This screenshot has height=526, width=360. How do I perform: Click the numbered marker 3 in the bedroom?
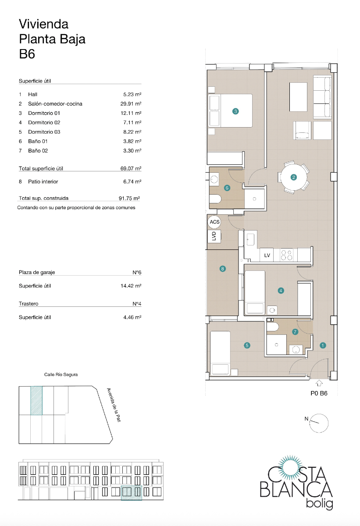pyautogui.click(x=235, y=111)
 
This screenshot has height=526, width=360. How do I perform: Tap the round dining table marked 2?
pyautogui.click(x=294, y=177)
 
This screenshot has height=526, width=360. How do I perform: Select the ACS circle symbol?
pyautogui.click(x=214, y=222)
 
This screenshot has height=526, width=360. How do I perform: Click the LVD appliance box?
pyautogui.click(x=214, y=236)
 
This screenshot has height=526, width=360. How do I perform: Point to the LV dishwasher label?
pyautogui.click(x=267, y=255)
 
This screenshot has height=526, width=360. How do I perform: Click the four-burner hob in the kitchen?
pyautogui.click(x=287, y=255)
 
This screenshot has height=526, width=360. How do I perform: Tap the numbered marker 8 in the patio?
pyautogui.click(x=223, y=269)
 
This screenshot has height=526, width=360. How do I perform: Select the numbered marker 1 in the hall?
pyautogui.click(x=323, y=345)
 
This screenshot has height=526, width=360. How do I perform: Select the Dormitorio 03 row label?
pyautogui.click(x=44, y=132)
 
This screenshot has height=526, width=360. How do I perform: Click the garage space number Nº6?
pyautogui.click(x=136, y=272)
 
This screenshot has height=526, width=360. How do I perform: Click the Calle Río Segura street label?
pyautogui.click(x=61, y=375)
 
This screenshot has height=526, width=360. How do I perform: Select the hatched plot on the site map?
pyautogui.click(x=36, y=400)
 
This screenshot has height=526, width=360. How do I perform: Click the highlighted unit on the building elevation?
pyautogui.click(x=132, y=493)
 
